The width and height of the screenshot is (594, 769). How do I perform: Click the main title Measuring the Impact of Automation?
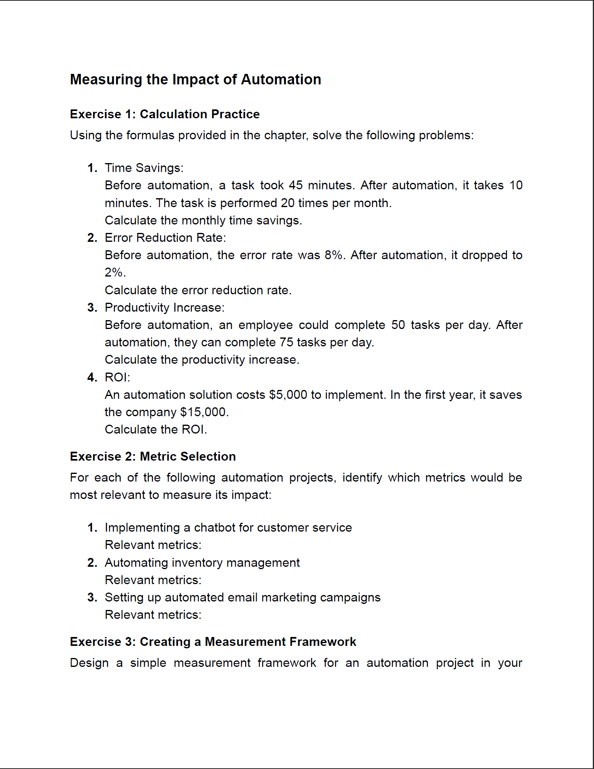[x=195, y=80]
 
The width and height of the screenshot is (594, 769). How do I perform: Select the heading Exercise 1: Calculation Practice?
[x=165, y=114]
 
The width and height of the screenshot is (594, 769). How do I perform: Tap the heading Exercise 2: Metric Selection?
[x=153, y=457]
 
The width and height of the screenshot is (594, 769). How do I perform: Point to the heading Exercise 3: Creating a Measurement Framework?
[x=213, y=642]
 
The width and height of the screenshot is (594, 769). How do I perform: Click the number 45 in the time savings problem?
[x=295, y=185]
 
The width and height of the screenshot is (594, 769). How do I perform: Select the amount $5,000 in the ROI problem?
[x=288, y=395]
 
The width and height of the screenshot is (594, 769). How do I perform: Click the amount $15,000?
[x=204, y=412]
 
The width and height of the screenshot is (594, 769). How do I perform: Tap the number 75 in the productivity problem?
[x=286, y=342]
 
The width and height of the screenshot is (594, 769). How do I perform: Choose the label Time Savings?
[x=144, y=168]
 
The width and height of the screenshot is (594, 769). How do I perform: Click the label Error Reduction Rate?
[x=165, y=238]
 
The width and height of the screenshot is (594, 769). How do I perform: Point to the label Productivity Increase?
[x=164, y=308]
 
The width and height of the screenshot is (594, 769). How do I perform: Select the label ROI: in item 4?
[x=117, y=377]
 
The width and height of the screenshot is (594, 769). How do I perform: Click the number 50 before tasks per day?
[x=398, y=325]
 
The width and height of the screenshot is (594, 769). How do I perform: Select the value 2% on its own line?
[x=115, y=272]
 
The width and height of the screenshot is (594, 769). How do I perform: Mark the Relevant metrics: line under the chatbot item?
[x=153, y=545]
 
